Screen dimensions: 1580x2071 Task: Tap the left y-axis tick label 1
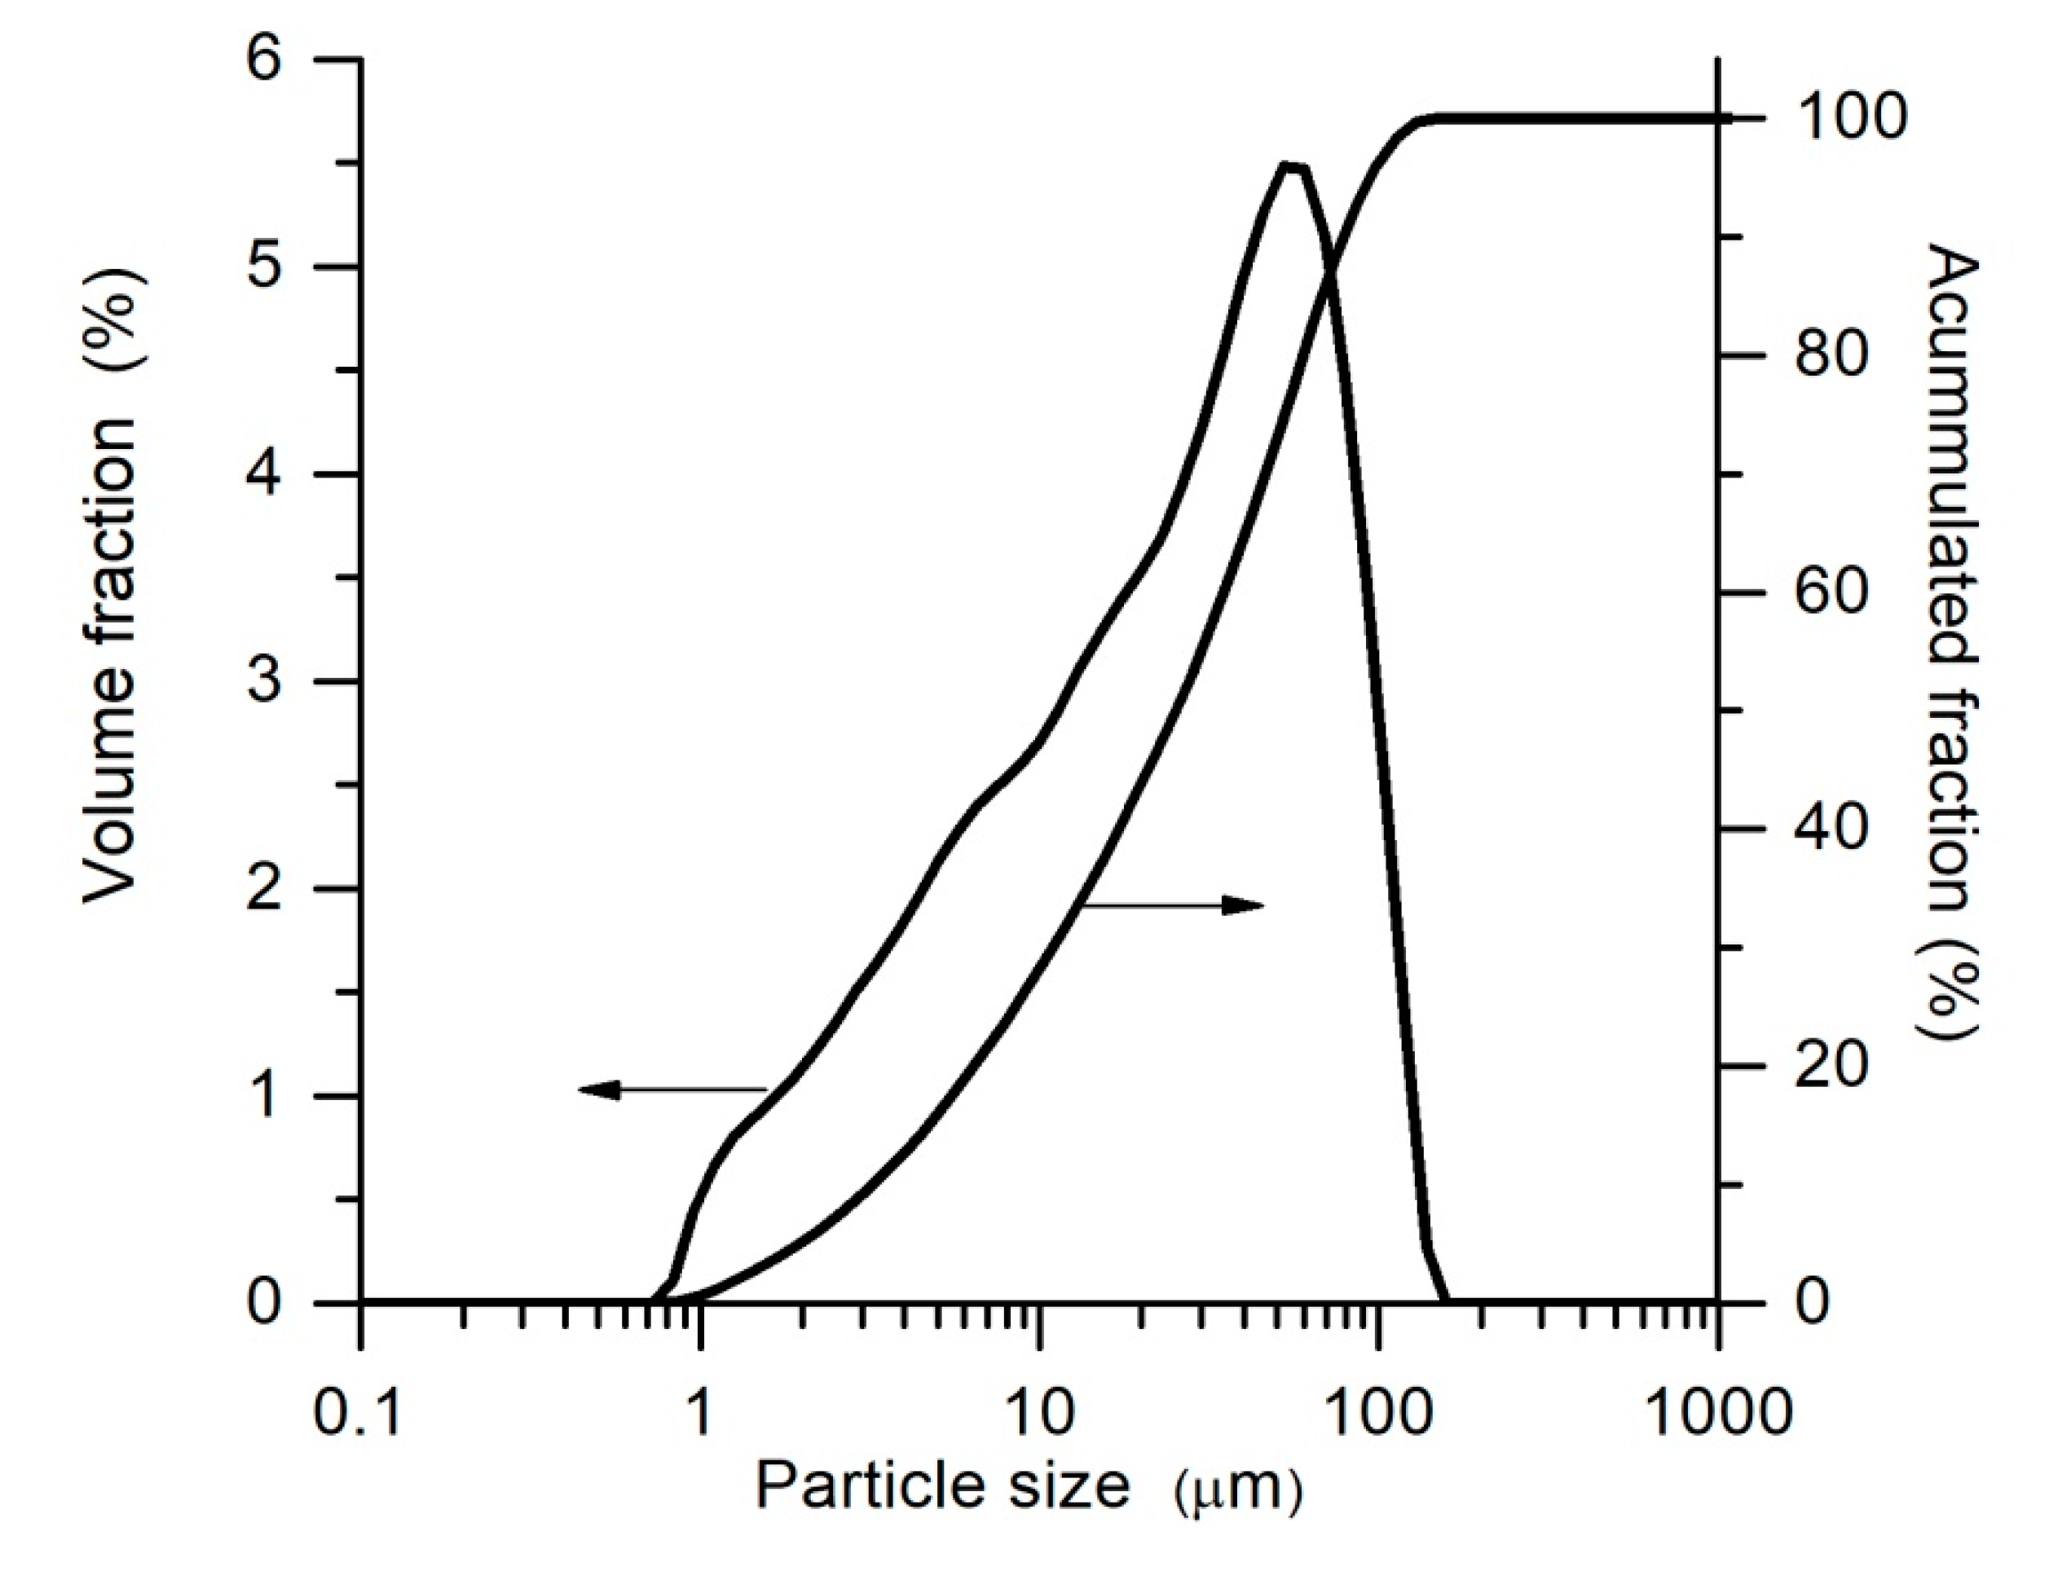point(265,1096)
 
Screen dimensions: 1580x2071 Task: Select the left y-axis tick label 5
point(265,266)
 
